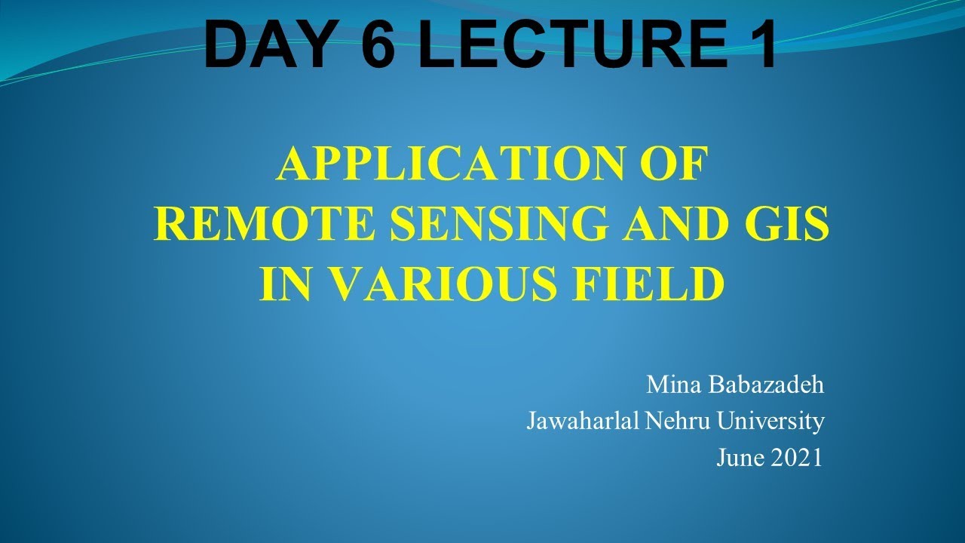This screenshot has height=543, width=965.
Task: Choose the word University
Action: tap(770, 421)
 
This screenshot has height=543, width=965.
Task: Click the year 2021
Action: tap(797, 458)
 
